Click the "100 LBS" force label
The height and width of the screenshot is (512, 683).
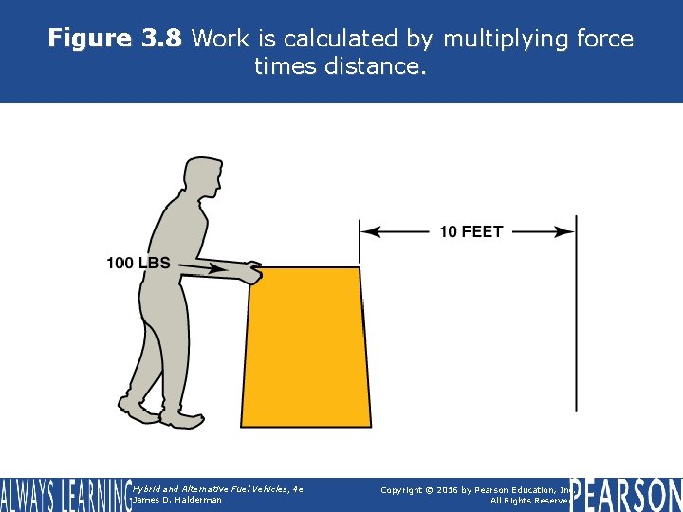[x=138, y=263]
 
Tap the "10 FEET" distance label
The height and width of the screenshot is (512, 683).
[x=471, y=231]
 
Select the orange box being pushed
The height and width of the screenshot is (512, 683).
[x=306, y=346]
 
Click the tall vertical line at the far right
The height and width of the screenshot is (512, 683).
[x=576, y=313]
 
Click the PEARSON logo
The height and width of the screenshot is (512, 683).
[x=626, y=495]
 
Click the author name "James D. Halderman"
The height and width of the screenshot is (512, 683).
[x=179, y=501]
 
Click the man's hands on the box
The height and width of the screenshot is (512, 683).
[x=249, y=273]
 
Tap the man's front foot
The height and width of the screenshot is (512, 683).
[x=182, y=417]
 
